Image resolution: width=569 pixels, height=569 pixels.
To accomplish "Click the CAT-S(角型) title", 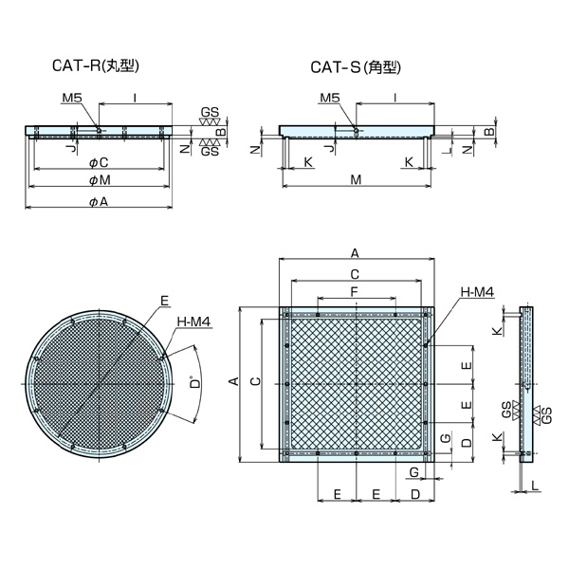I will click(357, 67).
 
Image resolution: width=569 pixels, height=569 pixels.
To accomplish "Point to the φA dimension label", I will click(98, 202).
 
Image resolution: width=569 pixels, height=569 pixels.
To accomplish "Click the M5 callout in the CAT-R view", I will click(72, 98).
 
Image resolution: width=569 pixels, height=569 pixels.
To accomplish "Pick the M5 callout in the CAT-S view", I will click(329, 98).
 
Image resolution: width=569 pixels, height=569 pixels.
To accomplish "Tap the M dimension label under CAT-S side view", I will click(356, 179).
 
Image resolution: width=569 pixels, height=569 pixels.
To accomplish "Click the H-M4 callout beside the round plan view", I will click(193, 323).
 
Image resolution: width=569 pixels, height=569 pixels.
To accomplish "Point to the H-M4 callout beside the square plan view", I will click(476, 293).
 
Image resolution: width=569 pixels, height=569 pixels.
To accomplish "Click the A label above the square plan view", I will click(355, 253).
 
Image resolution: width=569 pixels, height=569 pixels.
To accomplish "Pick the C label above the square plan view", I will click(355, 273).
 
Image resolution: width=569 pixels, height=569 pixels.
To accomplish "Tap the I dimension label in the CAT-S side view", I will click(394, 98).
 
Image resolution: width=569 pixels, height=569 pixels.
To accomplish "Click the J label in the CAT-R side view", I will click(69, 149).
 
